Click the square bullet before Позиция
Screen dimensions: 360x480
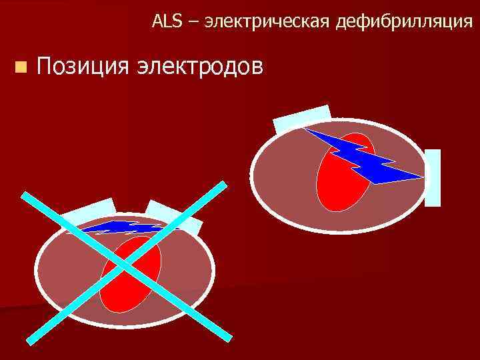point(22,66)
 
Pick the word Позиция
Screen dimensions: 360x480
point(84,66)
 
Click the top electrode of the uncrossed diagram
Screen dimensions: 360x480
point(302,118)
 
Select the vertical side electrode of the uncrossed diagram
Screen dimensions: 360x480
point(433,177)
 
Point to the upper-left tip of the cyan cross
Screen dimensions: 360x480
point(24,195)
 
